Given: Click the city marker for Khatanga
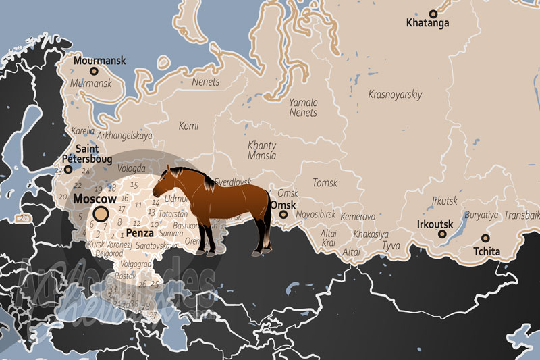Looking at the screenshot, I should [433, 13].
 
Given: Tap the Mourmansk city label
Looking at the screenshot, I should [100, 60].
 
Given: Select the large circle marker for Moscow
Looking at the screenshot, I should [101, 214].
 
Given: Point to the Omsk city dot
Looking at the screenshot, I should [283, 215].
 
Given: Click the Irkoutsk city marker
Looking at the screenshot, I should [442, 234].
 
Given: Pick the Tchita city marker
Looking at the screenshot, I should [485, 238].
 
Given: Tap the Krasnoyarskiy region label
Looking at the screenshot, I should [395, 95].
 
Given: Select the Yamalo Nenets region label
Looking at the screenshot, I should [303, 107].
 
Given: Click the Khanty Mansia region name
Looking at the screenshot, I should [262, 151].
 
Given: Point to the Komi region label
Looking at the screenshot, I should [188, 126].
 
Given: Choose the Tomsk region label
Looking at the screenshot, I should [325, 182].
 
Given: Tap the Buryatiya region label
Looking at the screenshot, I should [481, 215].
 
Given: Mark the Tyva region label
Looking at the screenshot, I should [391, 245].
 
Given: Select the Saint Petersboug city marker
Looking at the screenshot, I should [67, 170].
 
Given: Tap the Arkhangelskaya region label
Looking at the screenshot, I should [125, 136].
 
